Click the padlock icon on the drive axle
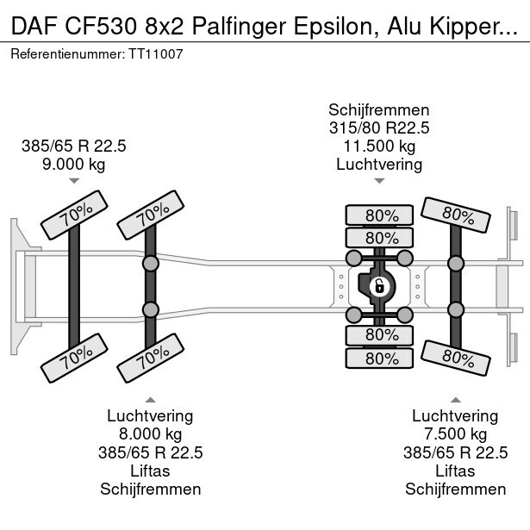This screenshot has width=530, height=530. tap(378, 286)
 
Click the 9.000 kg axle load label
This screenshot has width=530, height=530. tap(74, 164)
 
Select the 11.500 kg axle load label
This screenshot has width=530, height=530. tap(378, 147)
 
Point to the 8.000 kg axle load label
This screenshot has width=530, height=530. tap(150, 434)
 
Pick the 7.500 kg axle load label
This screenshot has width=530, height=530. tap(454, 434)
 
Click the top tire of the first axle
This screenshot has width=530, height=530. tap(75, 221)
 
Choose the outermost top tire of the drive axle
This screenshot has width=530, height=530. tap(378, 215)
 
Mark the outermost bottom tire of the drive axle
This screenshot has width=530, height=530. tap(378, 357)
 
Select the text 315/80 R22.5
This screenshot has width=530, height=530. tap(378, 128)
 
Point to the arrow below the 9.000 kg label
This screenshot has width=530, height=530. tap(74, 181)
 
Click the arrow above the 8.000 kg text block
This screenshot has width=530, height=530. tap(150, 399)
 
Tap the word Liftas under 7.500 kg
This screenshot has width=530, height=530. tap(454, 471)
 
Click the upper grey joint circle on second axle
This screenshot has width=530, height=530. tap(151, 261)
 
